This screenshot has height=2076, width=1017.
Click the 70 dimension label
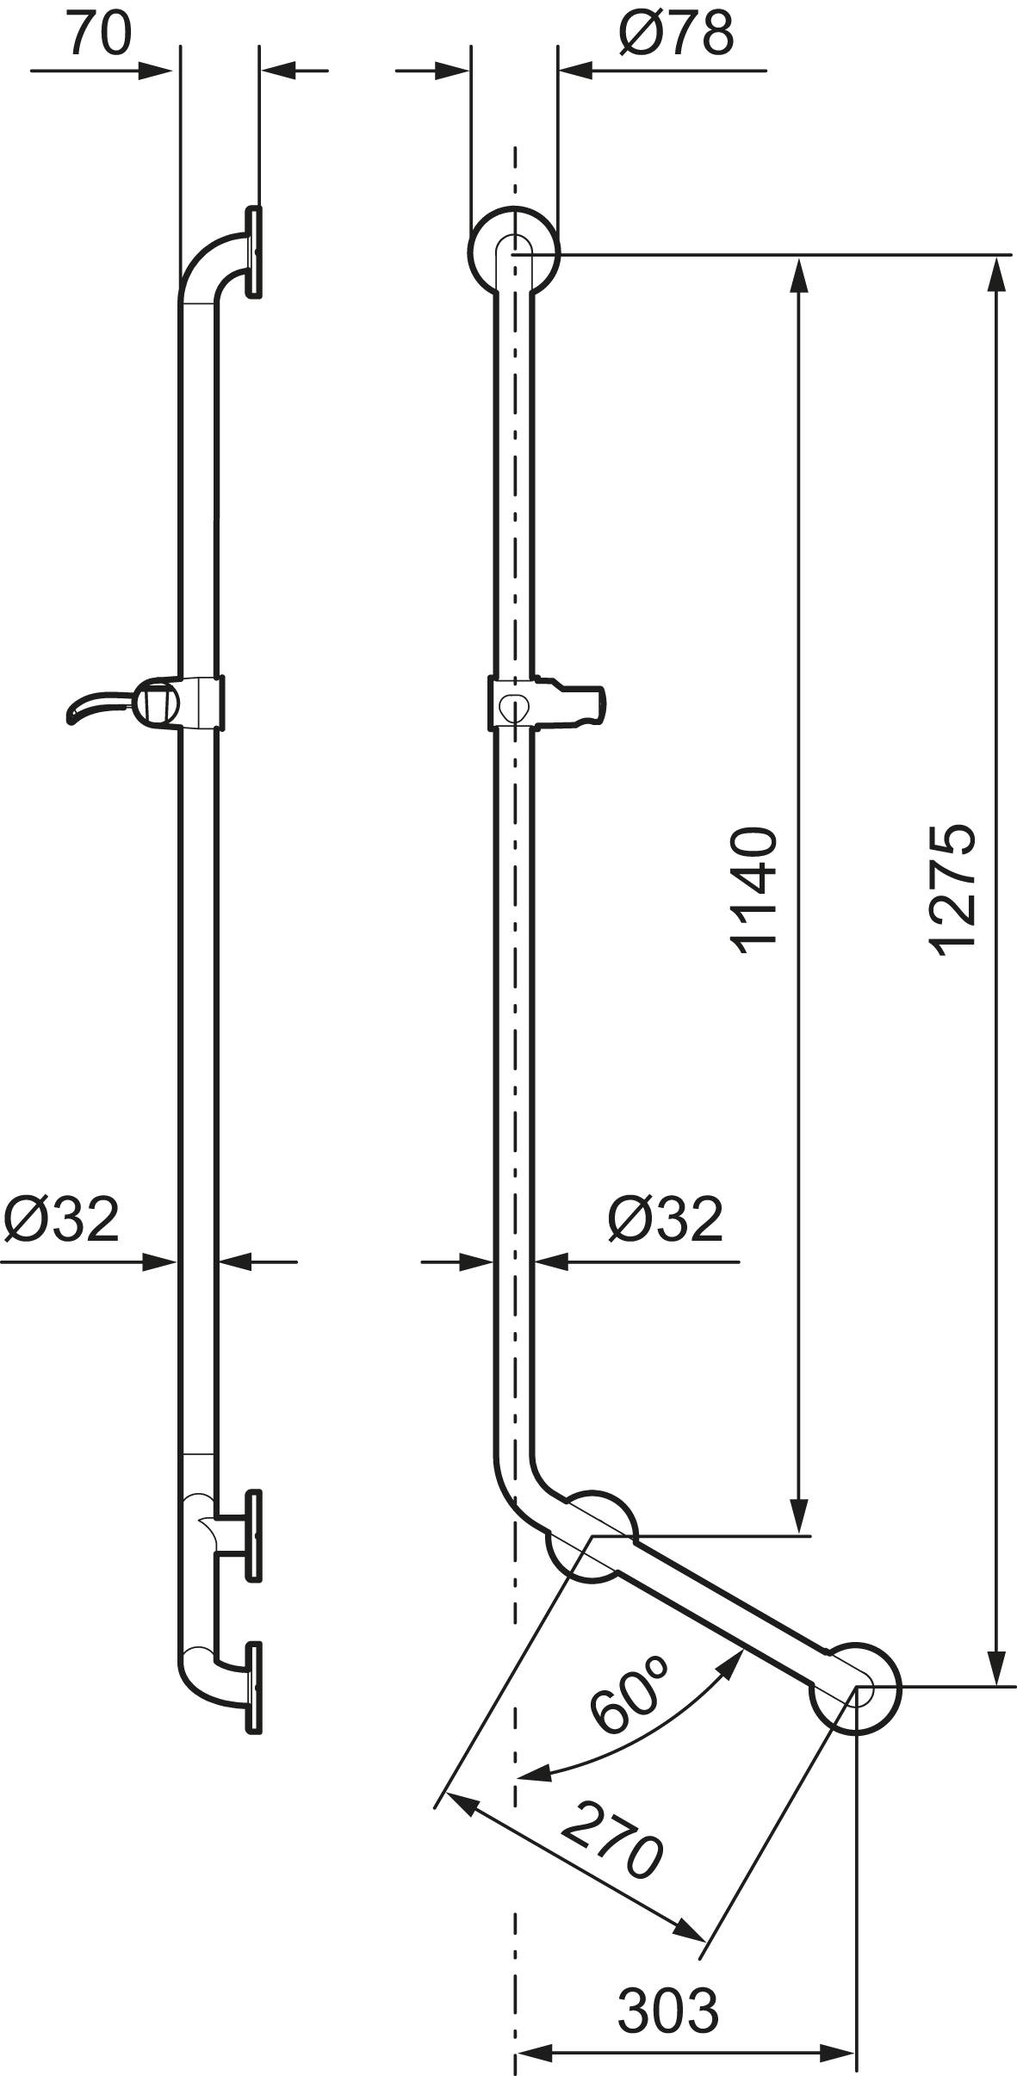99,34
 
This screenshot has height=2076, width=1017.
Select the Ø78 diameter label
676,34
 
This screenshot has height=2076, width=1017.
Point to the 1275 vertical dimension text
953,889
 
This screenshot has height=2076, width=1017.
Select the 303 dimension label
668,1982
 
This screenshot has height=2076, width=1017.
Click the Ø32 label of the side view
60,1218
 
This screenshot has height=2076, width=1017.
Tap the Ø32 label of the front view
666,1218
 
